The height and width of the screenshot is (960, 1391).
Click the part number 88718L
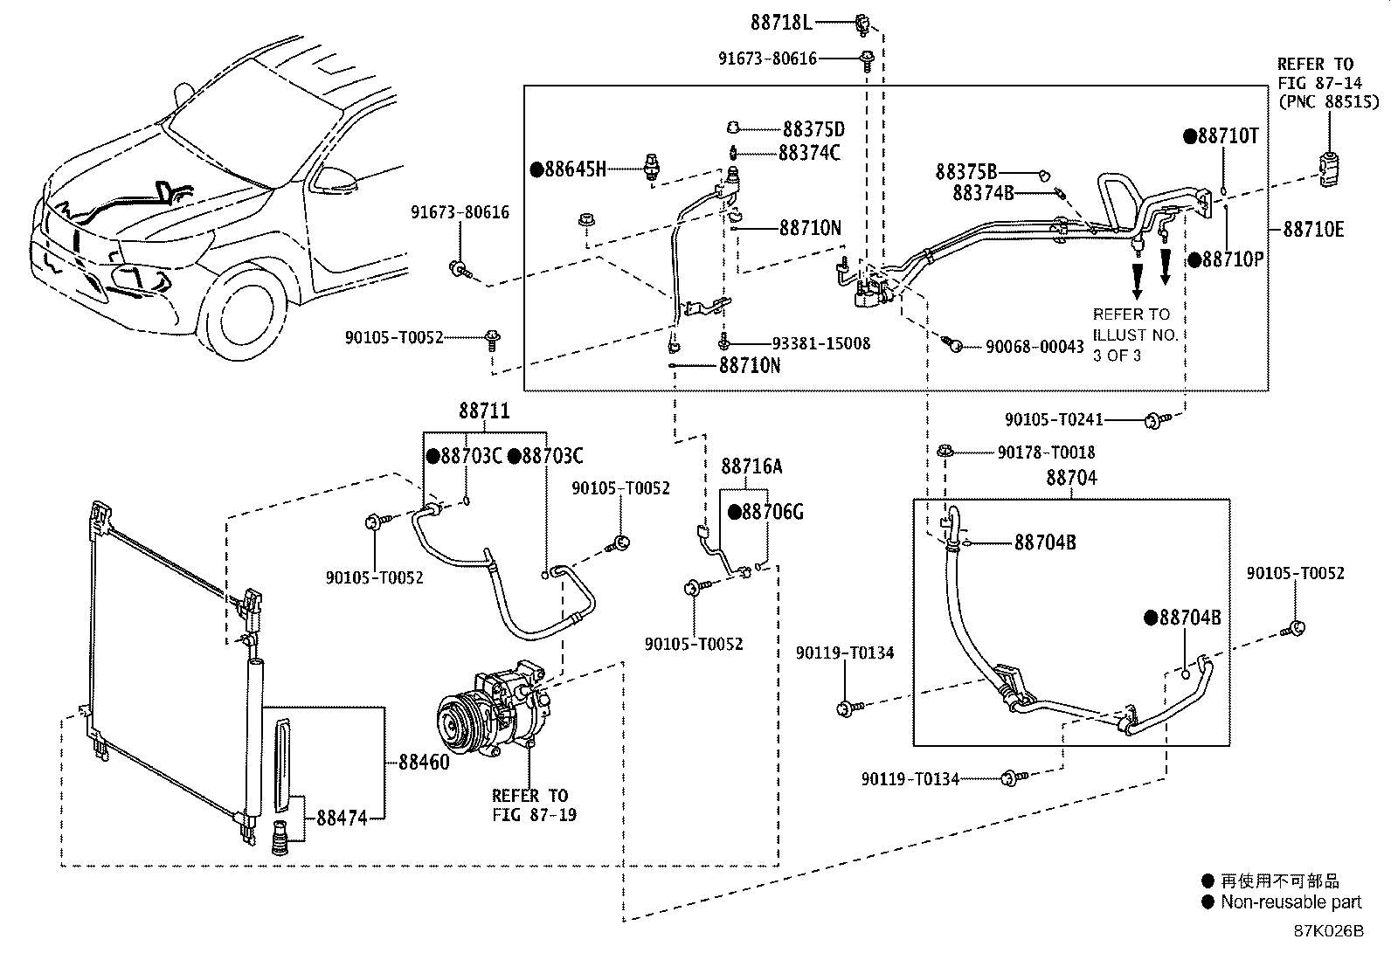pos(781,23)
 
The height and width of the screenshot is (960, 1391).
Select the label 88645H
pos(575,169)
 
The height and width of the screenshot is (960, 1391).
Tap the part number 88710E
pos(1313,230)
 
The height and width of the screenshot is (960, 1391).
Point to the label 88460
pos(424,762)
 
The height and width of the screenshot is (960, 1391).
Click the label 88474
pos(343,818)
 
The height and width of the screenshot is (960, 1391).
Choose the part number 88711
pos(484,411)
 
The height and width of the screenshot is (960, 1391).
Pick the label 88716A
pos(751,466)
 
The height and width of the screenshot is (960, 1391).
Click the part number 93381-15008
pos(821,343)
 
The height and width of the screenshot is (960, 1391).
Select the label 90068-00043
pos(1035,347)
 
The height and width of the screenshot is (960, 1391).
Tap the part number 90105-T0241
pos(1054,420)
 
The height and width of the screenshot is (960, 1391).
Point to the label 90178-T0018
pos(1047,452)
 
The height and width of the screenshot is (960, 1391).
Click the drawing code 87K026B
pos(1328,931)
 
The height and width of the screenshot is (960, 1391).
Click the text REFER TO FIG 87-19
pos(534,805)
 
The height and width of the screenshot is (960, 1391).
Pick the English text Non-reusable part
pos(1291,901)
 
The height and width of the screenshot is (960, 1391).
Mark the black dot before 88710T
pos(1190,136)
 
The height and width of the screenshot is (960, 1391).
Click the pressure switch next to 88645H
pos(652,167)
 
